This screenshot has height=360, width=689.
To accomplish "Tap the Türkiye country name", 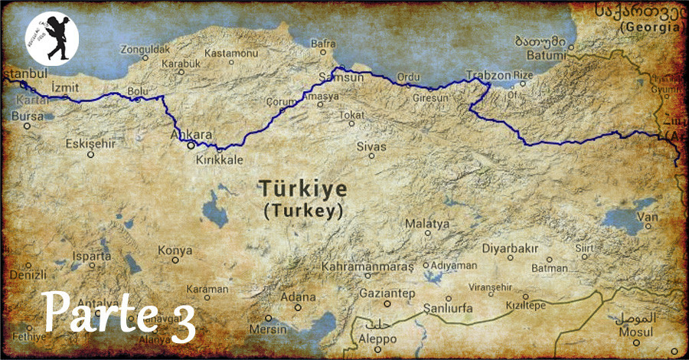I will coord(302,188).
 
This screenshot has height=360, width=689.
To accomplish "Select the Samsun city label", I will coord(338,78).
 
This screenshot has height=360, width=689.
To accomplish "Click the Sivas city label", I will coord(371,146).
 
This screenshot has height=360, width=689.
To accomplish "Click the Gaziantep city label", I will coord(389,293).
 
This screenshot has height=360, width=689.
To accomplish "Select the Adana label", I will coord(298,296).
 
